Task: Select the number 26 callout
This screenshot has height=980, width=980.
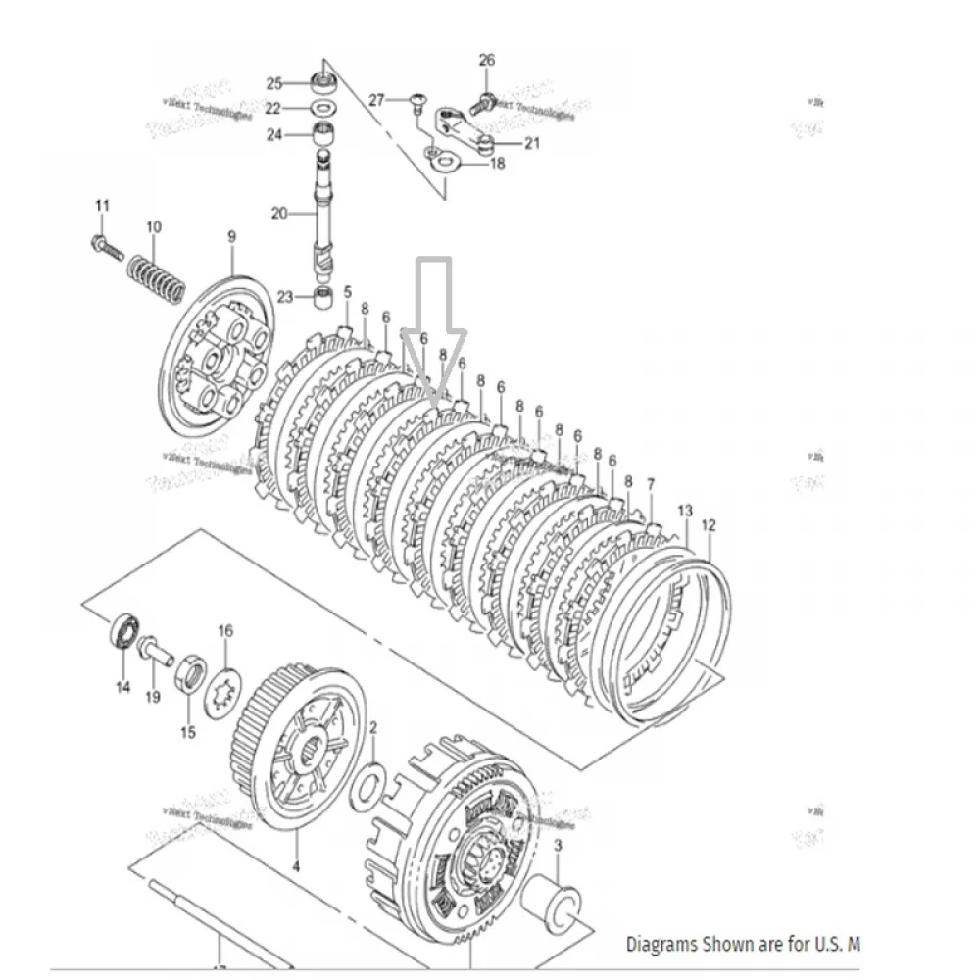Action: (487, 61)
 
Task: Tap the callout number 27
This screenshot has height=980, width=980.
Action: (377, 100)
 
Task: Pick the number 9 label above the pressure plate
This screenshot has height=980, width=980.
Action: (232, 236)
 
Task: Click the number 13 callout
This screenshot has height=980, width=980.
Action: (685, 512)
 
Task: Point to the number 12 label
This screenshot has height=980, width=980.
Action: (710, 525)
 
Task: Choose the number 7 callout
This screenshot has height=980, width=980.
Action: (651, 483)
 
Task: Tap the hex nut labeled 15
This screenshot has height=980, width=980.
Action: (190, 674)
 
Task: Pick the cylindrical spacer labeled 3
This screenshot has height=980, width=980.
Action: (556, 902)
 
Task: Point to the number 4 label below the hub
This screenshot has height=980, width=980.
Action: (296, 865)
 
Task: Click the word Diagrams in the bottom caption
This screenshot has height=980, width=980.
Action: (661, 945)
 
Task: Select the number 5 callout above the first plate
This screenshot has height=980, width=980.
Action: (347, 292)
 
